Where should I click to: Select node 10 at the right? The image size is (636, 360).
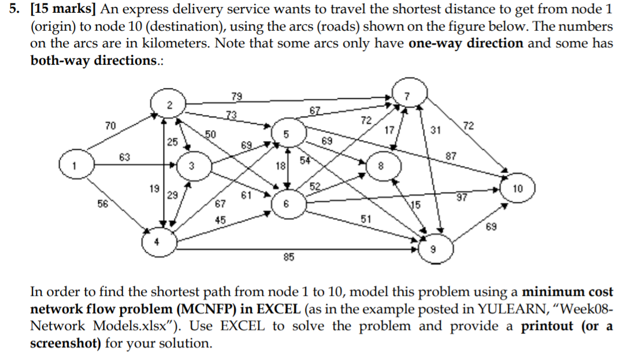(x=518, y=189)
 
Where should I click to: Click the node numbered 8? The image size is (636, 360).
(x=380, y=165)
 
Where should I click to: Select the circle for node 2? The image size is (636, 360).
(x=168, y=105)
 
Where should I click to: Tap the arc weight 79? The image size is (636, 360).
(x=237, y=95)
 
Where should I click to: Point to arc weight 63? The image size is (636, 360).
(x=125, y=157)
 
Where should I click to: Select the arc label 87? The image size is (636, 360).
(x=452, y=157)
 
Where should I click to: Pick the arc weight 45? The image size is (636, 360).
(x=220, y=220)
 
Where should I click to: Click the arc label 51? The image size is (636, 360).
(x=366, y=218)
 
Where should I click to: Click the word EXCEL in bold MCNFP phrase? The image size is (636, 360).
(x=273, y=309)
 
